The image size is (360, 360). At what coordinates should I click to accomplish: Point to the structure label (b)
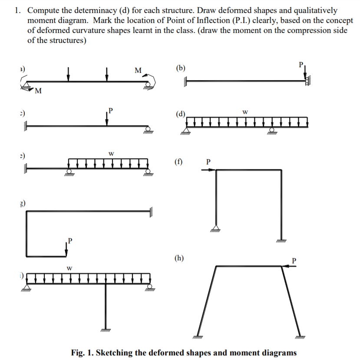point(181,68)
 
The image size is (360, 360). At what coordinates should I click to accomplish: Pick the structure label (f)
point(178,162)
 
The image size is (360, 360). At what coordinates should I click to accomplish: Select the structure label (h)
point(178,258)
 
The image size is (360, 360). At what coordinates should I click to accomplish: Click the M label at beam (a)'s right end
point(138,69)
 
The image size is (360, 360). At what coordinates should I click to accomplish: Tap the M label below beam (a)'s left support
point(38,91)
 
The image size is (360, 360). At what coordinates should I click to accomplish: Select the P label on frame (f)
point(208,162)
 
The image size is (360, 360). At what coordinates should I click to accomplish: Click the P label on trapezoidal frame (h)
point(294,260)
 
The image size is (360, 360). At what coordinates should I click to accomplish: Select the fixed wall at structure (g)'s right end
point(152,212)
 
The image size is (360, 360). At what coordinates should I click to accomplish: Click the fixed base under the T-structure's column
point(106,329)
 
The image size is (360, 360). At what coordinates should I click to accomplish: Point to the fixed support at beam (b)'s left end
point(185,81)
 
